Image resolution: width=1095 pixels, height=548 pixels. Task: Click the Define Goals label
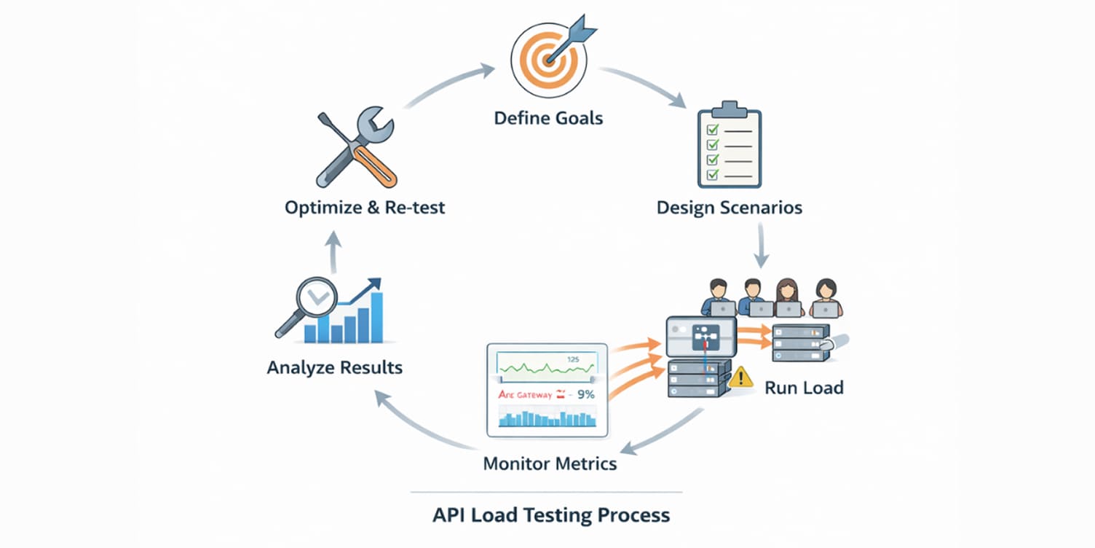tap(548, 117)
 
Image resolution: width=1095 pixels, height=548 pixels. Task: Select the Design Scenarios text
tap(729, 208)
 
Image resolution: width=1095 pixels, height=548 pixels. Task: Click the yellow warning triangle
tap(741, 376)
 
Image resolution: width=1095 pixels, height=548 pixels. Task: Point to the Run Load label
tap(804, 387)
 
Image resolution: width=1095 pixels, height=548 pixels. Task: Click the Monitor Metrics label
tap(550, 463)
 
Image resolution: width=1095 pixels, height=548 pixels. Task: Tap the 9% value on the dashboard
tap(585, 395)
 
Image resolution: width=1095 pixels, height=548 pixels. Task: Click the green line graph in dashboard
tap(546, 365)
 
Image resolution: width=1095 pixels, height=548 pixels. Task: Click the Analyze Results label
tap(334, 367)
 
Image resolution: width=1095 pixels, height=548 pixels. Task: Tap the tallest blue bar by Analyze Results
tap(376, 316)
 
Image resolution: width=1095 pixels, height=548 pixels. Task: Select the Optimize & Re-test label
tap(365, 208)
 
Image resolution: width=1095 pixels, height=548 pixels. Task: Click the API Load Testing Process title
tap(550, 515)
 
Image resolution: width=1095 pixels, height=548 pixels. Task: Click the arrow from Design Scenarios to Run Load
tap(761, 246)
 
